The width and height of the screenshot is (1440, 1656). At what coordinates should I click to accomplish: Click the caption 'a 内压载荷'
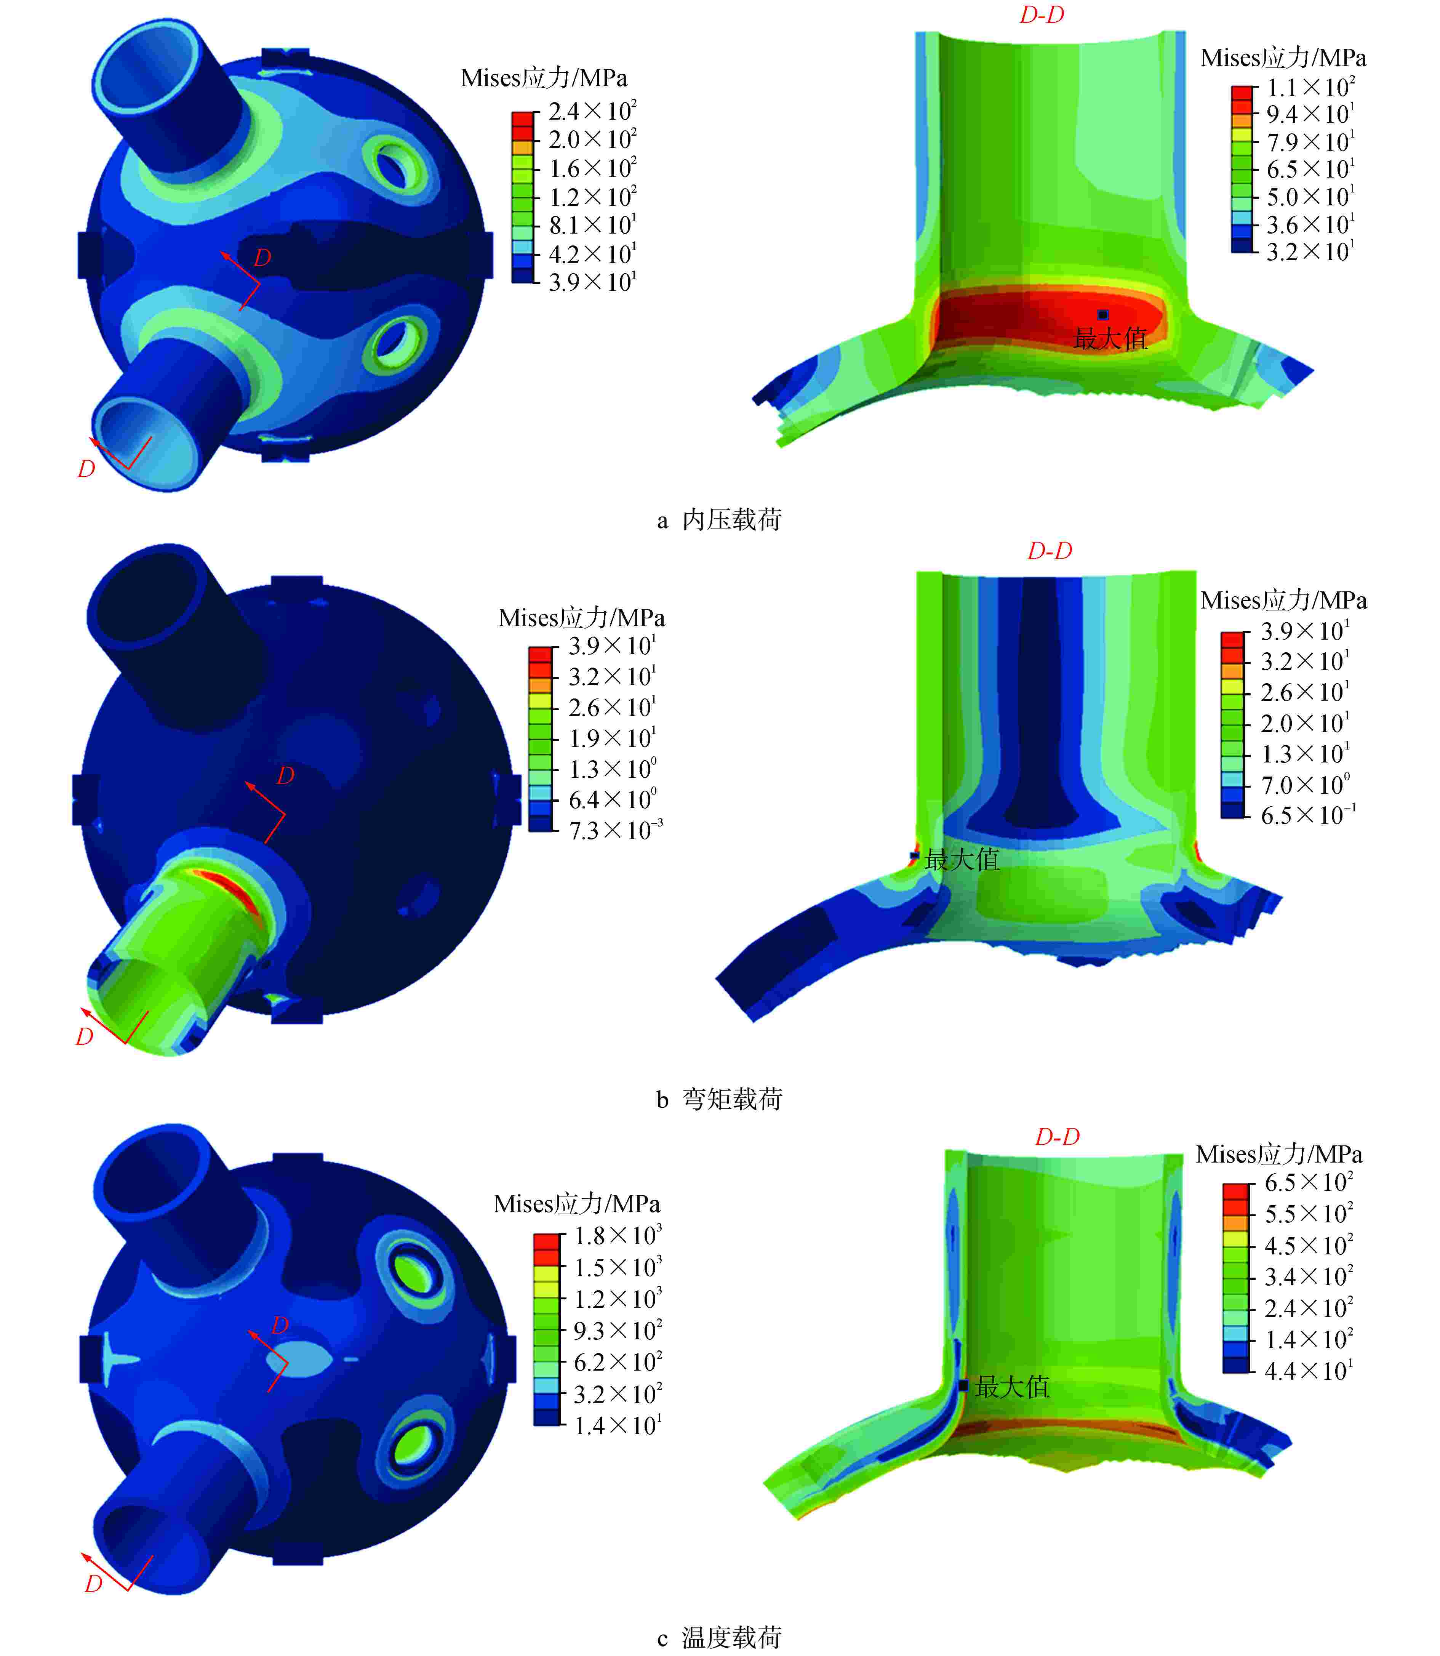point(719,520)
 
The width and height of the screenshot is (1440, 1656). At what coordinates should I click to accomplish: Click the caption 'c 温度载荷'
point(719,1637)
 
